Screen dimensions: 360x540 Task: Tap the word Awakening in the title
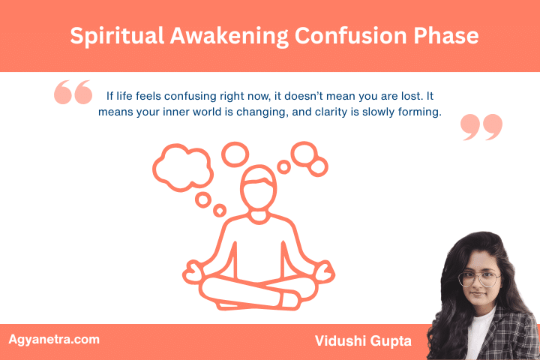tap(227, 36)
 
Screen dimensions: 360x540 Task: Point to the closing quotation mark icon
tap(481, 127)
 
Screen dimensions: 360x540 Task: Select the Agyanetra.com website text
tap(54, 339)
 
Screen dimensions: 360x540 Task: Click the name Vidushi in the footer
tap(340, 341)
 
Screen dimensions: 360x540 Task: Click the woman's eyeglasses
tap(481, 279)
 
